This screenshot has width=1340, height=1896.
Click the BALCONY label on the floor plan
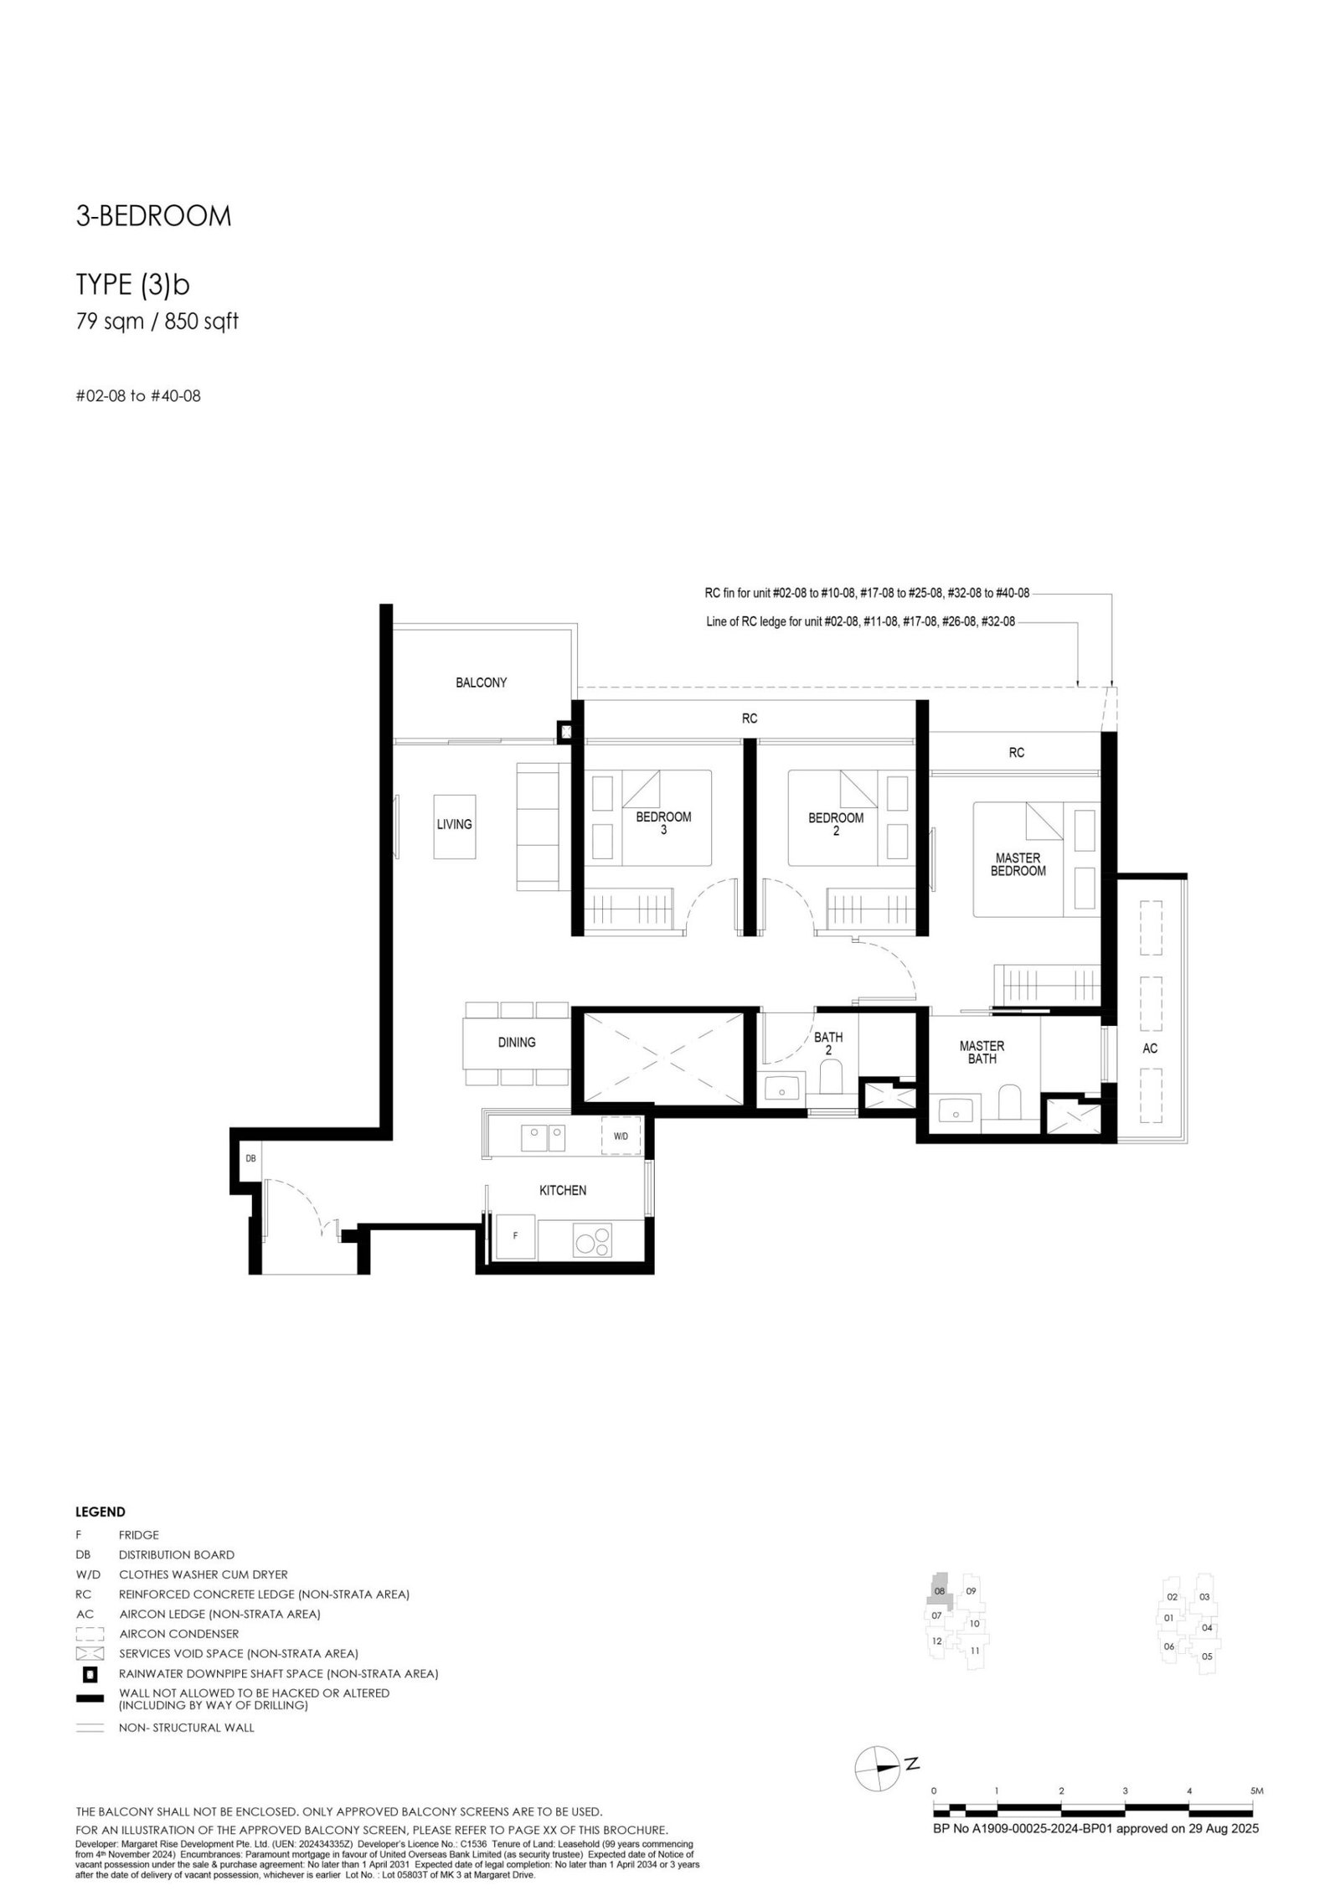pyautogui.click(x=481, y=683)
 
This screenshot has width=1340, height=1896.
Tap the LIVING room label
pyautogui.click(x=454, y=824)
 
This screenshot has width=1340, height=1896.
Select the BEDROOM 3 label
pyautogui.click(x=663, y=823)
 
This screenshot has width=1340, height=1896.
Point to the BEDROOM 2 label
pyautogui.click(x=835, y=824)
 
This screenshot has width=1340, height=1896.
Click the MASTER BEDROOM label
pyautogui.click(x=1018, y=864)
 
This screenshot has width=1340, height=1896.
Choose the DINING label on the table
pyautogui.click(x=517, y=1043)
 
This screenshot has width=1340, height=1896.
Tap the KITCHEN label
pyautogui.click(x=563, y=1190)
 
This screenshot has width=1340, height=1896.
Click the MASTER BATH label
pyautogui.click(x=982, y=1052)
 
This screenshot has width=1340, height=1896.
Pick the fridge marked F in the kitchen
pyautogui.click(x=515, y=1236)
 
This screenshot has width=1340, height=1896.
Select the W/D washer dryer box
pyautogui.click(x=621, y=1136)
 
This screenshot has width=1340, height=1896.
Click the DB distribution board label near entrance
pyautogui.click(x=250, y=1159)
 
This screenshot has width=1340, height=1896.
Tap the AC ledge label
pyautogui.click(x=1150, y=1048)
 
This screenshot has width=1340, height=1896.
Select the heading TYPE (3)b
pyautogui.click(x=133, y=286)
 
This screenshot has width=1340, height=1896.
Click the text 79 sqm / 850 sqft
pyautogui.click(x=157, y=321)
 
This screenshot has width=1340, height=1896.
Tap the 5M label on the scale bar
pyautogui.click(x=1256, y=1790)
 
